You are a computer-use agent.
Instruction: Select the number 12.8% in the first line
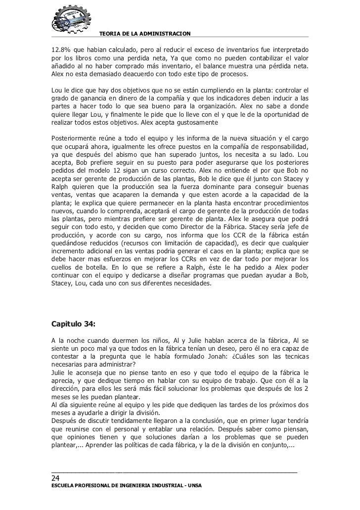tap(61, 50)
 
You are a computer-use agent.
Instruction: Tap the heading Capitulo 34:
tap(74, 325)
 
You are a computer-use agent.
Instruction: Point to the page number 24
tap(56, 478)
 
